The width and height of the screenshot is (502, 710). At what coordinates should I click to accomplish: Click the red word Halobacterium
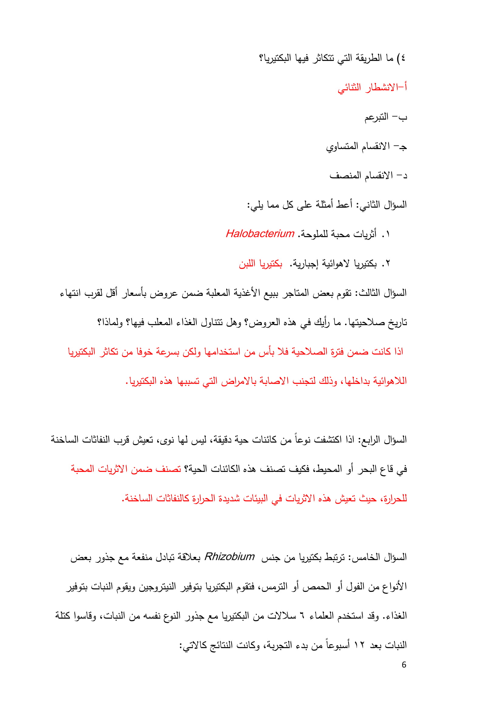(x=260, y=234)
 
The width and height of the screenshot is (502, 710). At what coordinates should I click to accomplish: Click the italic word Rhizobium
(x=229, y=557)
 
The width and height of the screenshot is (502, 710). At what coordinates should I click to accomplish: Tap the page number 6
(x=404, y=665)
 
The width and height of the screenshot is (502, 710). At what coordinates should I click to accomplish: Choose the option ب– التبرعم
(x=385, y=117)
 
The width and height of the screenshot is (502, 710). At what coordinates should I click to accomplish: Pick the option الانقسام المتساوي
(x=366, y=147)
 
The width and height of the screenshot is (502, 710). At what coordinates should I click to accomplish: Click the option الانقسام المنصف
(x=368, y=176)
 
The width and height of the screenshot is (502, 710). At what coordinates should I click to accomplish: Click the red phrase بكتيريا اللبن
(x=260, y=264)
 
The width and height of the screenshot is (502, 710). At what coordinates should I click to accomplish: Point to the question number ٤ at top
(x=402, y=58)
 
